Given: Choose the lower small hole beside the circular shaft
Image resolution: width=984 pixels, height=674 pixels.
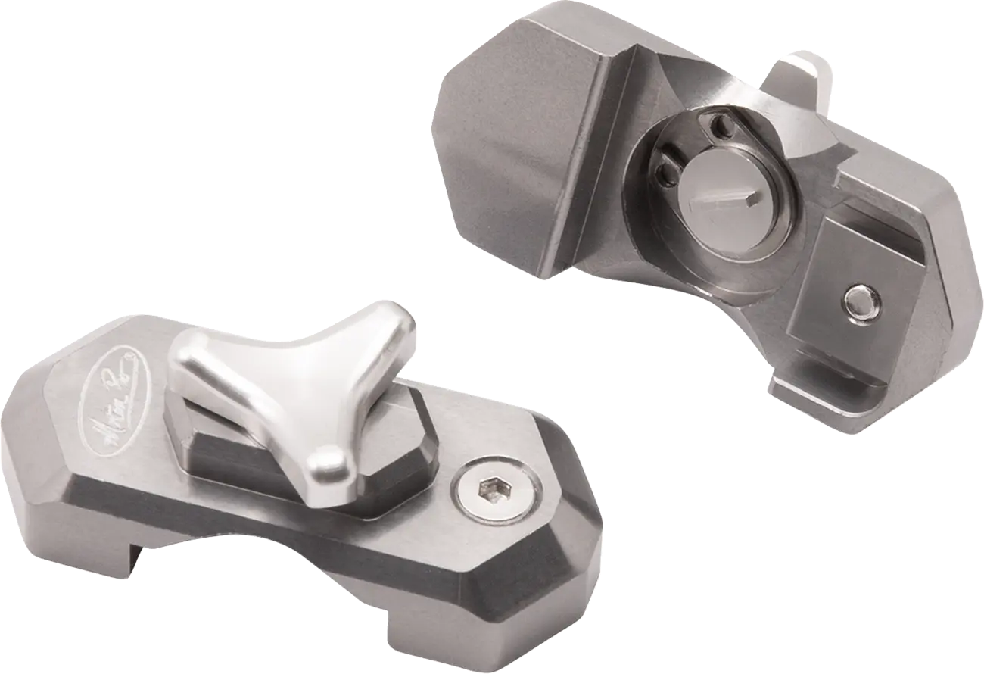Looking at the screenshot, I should (666, 173).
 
